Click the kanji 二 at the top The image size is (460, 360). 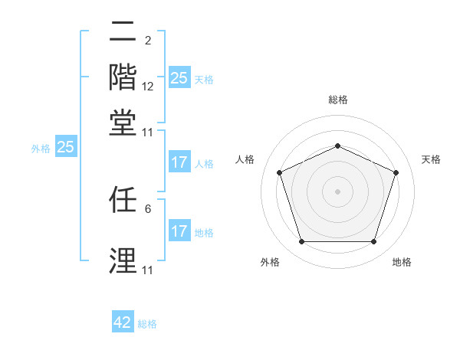click(123, 33)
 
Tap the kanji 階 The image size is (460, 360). click(123, 77)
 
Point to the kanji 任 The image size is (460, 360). click(123, 201)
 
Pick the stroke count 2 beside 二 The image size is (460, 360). click(148, 41)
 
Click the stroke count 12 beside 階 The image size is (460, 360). click(148, 86)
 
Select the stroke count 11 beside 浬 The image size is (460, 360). click(148, 270)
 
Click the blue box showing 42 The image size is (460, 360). click(123, 322)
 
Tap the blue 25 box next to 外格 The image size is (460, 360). click(65, 147)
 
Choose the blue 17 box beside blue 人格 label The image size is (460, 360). click(179, 162)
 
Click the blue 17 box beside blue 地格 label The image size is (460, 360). click(179, 231)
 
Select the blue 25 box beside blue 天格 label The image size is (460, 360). click(179, 78)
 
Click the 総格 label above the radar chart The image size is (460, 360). click(338, 100)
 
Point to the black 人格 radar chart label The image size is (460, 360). click(245, 159)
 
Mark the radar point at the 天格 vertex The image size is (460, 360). click(396, 172)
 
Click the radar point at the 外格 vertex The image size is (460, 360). click(301, 242)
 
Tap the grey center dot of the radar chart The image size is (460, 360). click(338, 191)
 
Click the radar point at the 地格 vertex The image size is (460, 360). click(374, 242)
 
